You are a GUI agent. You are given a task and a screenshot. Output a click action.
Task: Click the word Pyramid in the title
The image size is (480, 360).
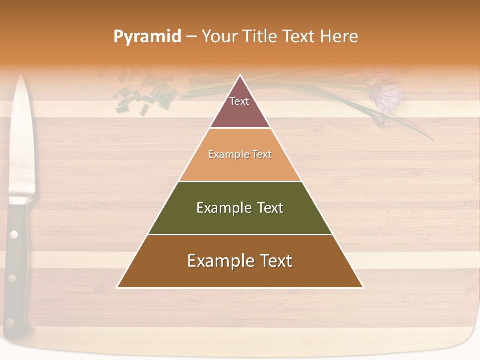pyautogui.click(x=147, y=37)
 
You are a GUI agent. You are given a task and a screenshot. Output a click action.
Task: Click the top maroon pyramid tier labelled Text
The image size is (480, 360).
pyautogui.click(x=240, y=107)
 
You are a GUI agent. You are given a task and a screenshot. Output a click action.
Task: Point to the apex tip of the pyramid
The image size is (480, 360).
pyautogui.click(x=240, y=76)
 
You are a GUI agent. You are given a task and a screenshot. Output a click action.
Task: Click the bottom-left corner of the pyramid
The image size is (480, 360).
pyautogui.click(x=118, y=287)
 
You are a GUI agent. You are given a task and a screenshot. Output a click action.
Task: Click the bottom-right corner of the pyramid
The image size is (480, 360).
pyautogui.click(x=362, y=287)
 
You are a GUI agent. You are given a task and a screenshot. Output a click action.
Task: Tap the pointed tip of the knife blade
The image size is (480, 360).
pyautogui.click(x=21, y=76)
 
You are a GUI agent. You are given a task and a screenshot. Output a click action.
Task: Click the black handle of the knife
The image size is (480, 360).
pyautogui.click(x=17, y=260)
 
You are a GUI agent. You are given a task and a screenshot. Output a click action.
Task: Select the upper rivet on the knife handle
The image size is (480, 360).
pyautogui.click(x=14, y=233)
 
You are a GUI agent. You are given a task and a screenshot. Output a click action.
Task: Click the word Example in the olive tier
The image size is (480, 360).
pyautogui.click(x=217, y=208)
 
